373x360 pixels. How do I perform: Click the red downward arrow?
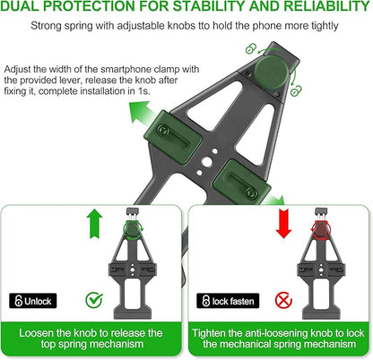pyautogui.click(x=283, y=223)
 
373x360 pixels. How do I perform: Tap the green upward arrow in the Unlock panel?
pyautogui.click(x=94, y=223)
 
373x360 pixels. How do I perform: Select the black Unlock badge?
pyautogui.click(x=33, y=301)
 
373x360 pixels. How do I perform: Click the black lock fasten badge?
pyautogui.click(x=228, y=301)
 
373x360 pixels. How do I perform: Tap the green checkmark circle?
pyautogui.click(x=94, y=300)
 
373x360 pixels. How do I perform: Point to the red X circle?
pyautogui.click(x=283, y=300)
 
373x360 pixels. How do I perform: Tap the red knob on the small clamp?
pyautogui.click(x=320, y=229)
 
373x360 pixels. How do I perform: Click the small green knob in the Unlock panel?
pyautogui.click(x=132, y=229)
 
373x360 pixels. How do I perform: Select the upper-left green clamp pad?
pyautogui.click(x=173, y=133)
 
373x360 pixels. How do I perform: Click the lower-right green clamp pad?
pyautogui.click(x=241, y=181)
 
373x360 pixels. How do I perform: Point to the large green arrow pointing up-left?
pyautogui.click(x=141, y=115)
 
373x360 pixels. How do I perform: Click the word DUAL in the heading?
pyautogui.click(x=22, y=6)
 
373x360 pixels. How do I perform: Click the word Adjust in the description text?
pyautogui.click(x=17, y=70)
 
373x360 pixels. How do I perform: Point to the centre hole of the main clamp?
pyautogui.click(x=206, y=162)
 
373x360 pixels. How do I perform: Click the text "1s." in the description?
pyautogui.click(x=143, y=91)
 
